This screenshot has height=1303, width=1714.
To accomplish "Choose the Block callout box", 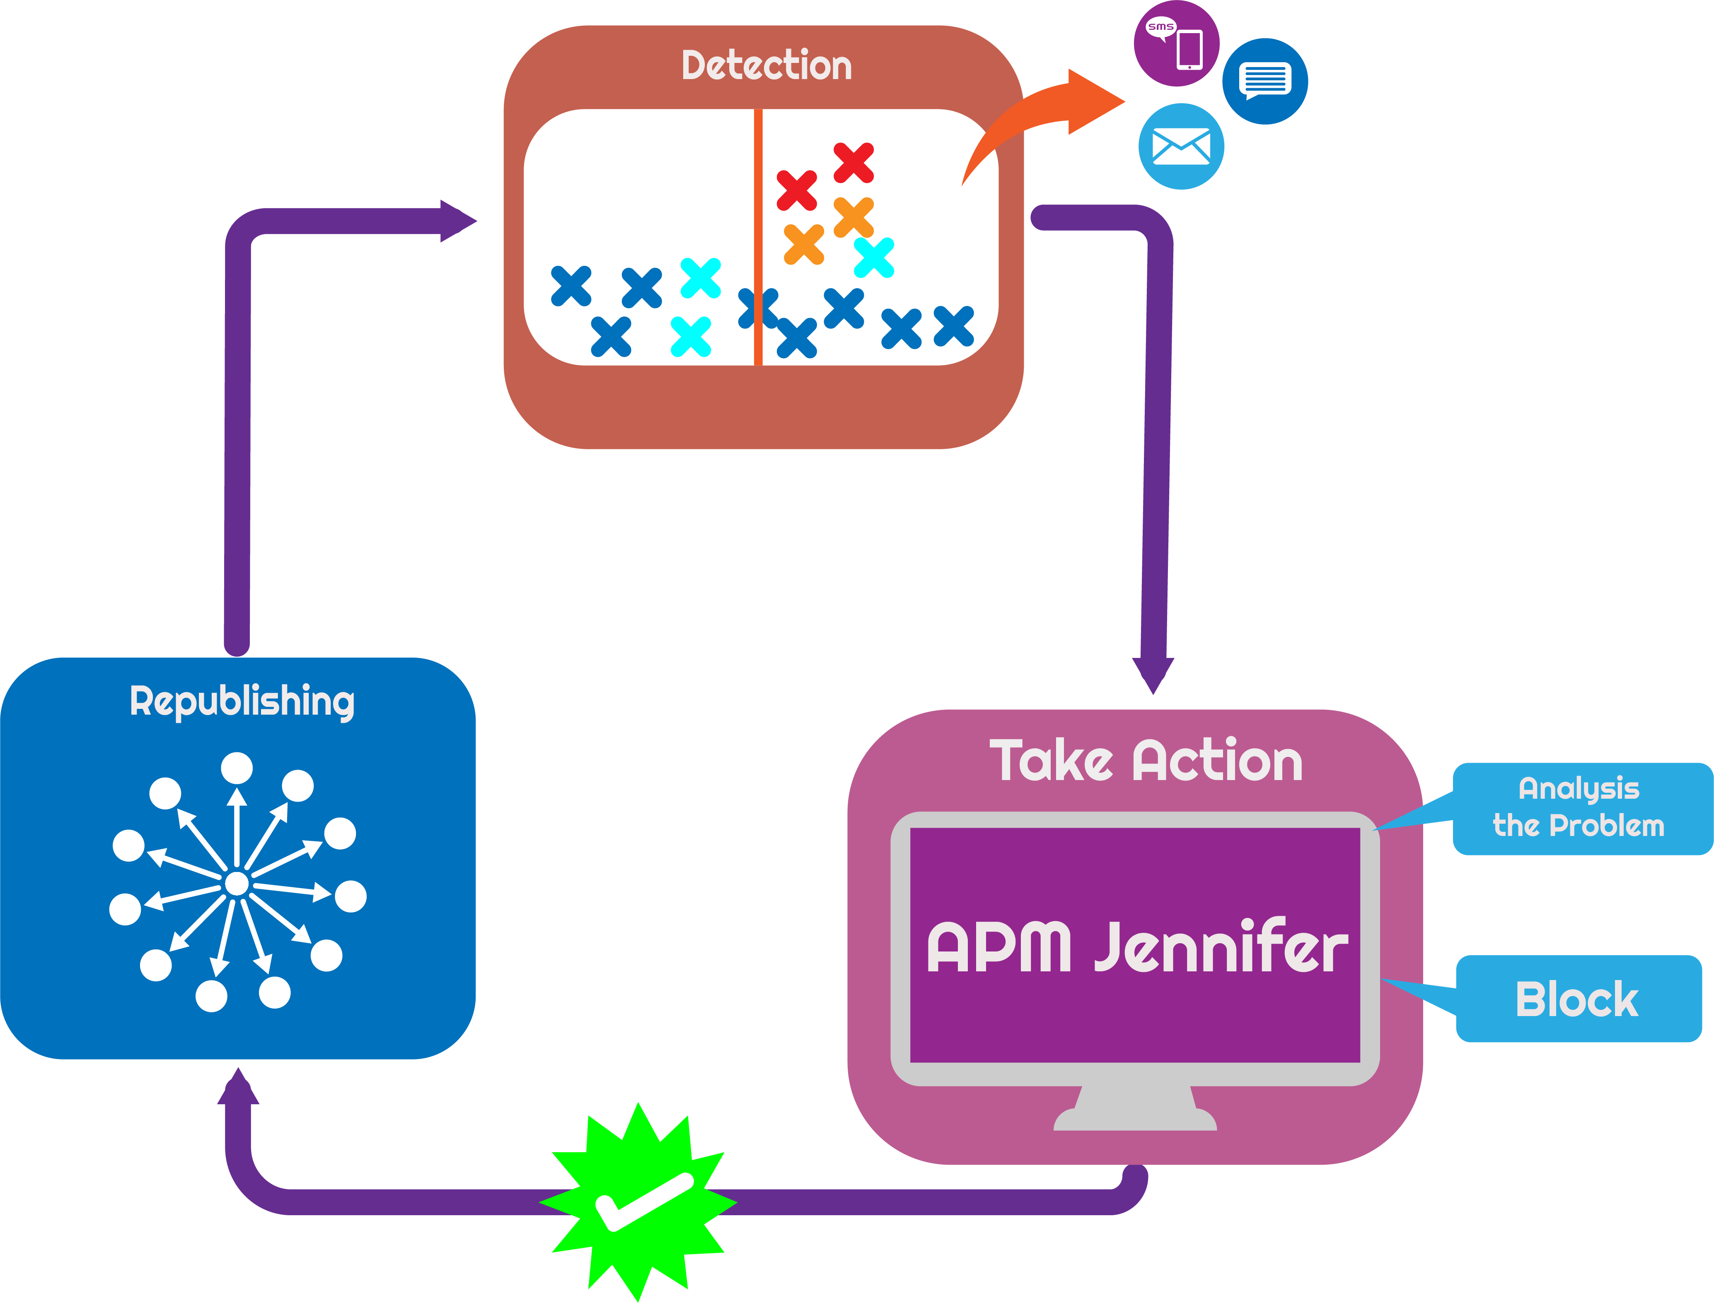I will [1577, 999].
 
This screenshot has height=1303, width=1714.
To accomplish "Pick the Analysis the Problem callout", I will [1579, 807].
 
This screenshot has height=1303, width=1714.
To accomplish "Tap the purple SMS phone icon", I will [1176, 43].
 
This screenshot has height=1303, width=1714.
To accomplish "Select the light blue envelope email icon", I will [1181, 147].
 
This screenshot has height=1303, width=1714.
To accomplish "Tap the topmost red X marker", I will [853, 163].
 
